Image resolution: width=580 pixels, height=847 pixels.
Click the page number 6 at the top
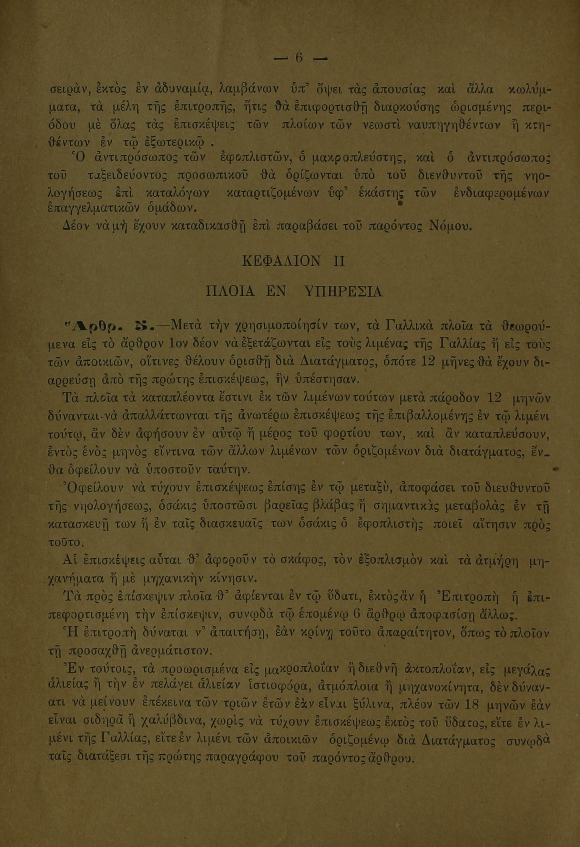click(299, 58)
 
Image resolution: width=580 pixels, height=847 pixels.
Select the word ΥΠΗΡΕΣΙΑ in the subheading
click(343, 292)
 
